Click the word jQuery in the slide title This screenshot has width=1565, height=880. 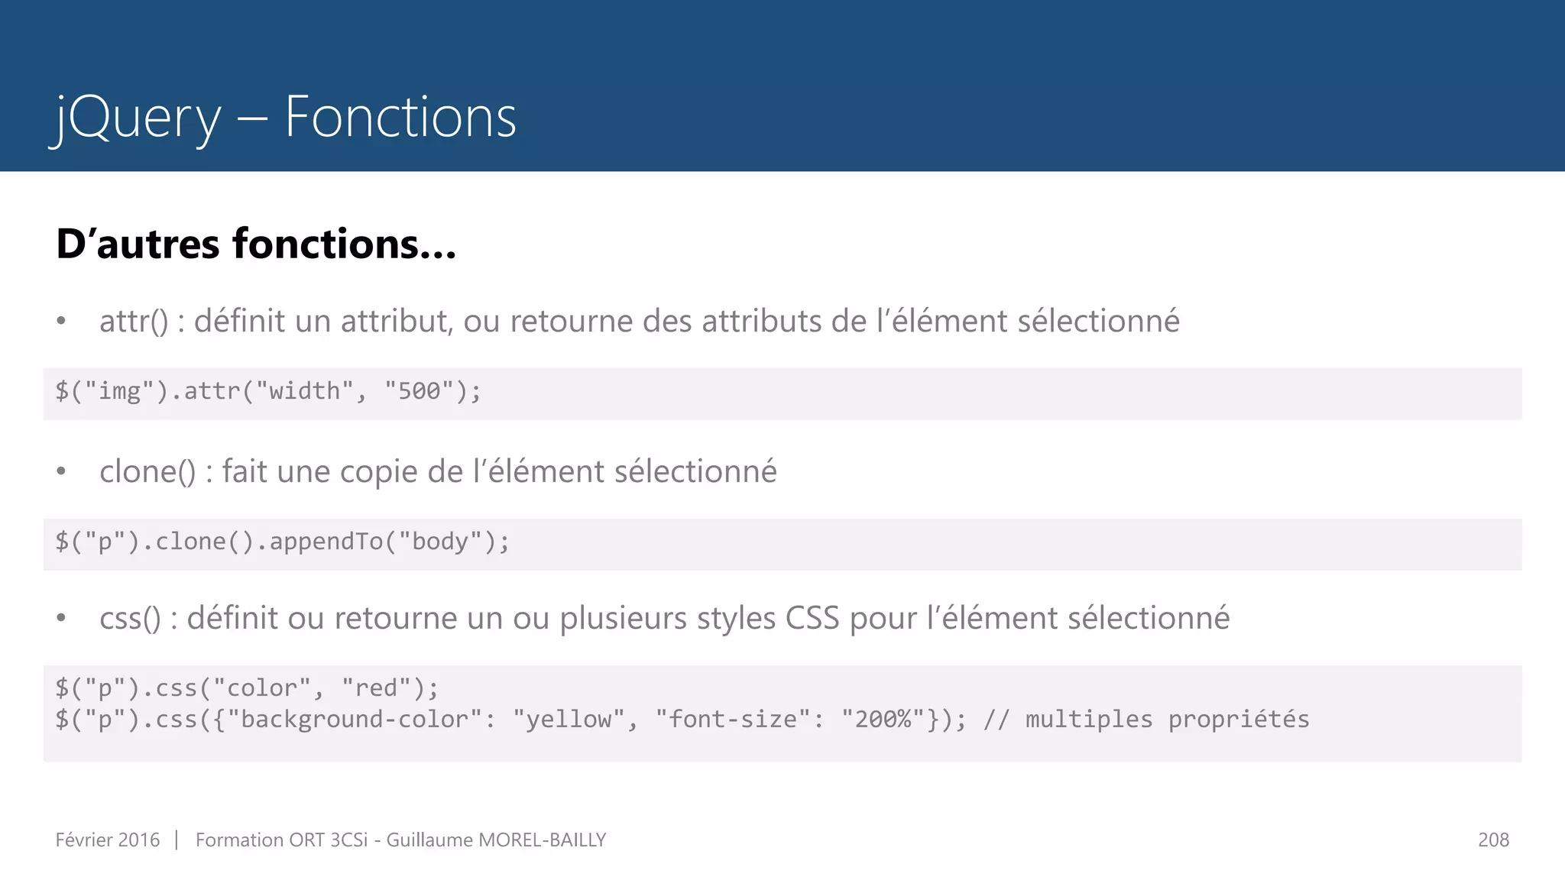[x=136, y=118]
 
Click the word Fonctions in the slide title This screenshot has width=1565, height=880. [x=400, y=118]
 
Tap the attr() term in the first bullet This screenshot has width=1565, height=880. [x=133, y=322]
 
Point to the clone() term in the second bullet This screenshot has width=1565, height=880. [x=147, y=472]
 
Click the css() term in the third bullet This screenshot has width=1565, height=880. [x=130, y=619]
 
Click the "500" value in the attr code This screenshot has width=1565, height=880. [x=420, y=391]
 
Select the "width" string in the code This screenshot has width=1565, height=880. [x=304, y=391]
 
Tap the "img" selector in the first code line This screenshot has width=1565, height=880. [x=119, y=391]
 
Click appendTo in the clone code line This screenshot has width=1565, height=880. [x=326, y=542]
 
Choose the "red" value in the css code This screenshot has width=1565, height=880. [x=376, y=688]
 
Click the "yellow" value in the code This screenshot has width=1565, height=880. [x=569, y=720]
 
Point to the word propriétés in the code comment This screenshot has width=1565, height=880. [x=1238, y=720]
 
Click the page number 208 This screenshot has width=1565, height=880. [x=1493, y=840]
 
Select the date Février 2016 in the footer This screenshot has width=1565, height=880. [x=108, y=840]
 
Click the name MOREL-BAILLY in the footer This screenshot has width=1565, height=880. [x=542, y=840]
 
